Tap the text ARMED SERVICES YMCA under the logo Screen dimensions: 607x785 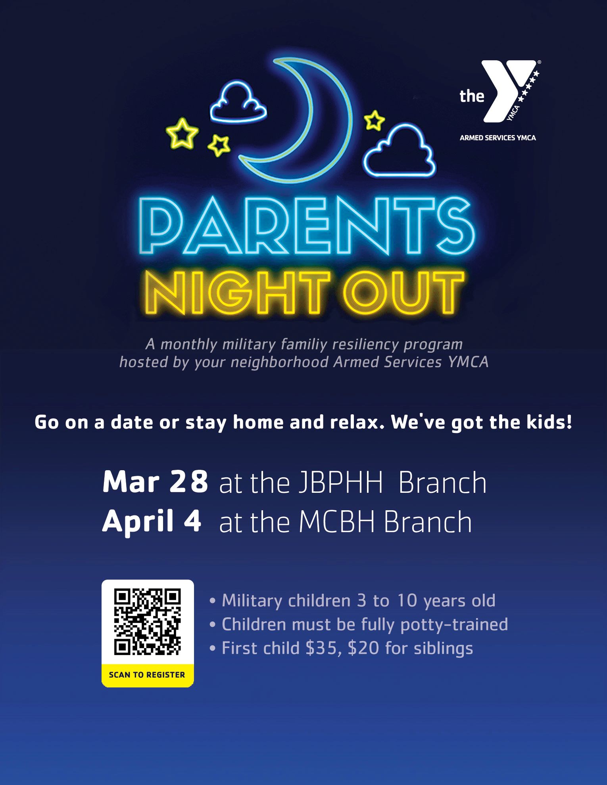pyautogui.click(x=498, y=138)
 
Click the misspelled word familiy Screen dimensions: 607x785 pyautogui.click(x=303, y=344)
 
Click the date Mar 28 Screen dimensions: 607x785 pyautogui.click(x=155, y=482)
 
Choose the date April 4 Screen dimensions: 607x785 pyautogui.click(x=152, y=521)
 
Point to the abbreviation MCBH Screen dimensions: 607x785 pyautogui.click(x=337, y=522)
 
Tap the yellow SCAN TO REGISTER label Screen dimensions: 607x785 pyautogui.click(x=147, y=675)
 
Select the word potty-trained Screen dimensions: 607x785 pyautogui.click(x=454, y=625)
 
